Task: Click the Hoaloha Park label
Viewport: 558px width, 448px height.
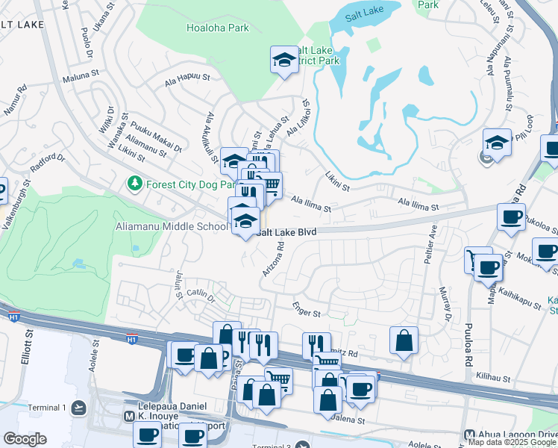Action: (217, 28)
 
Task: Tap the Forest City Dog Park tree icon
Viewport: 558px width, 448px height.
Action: (134, 183)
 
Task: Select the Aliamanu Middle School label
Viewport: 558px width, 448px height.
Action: (171, 226)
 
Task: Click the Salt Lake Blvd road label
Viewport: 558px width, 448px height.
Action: (287, 232)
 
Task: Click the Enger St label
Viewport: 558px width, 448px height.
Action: (306, 315)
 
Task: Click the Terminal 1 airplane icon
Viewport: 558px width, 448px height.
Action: (80, 408)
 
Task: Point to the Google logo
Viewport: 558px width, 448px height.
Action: (25, 439)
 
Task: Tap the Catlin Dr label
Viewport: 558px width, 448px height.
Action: (201, 296)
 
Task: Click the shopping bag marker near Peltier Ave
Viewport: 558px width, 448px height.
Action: (404, 340)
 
